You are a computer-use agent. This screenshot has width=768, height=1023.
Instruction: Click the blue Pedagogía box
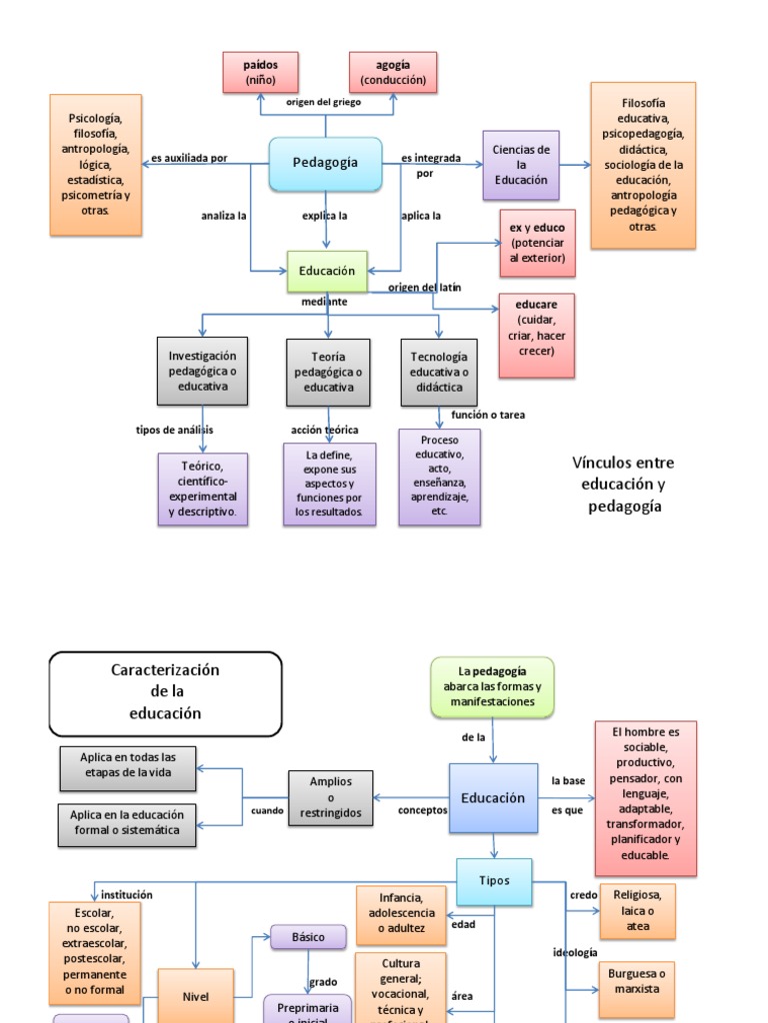pyautogui.click(x=325, y=163)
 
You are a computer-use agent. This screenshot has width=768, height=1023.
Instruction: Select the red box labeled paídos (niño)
pyautogui.click(x=259, y=72)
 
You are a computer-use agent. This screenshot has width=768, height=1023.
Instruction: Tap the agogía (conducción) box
pyautogui.click(x=393, y=72)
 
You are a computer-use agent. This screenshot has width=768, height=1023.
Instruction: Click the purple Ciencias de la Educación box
pyautogui.click(x=520, y=165)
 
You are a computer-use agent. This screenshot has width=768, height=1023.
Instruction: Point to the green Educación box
pyautogui.click(x=327, y=271)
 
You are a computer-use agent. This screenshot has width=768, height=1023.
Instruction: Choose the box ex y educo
pyautogui.click(x=537, y=242)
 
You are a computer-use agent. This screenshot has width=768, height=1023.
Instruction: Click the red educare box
pyautogui.click(x=537, y=335)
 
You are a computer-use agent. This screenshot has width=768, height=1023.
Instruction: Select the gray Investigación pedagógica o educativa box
pyautogui.click(x=202, y=371)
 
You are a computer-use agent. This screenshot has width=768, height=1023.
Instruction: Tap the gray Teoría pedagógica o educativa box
pyautogui.click(x=328, y=372)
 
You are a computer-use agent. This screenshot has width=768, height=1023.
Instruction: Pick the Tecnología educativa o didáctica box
pyautogui.click(x=438, y=372)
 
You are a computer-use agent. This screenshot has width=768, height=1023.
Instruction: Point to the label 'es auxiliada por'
pyautogui.click(x=189, y=158)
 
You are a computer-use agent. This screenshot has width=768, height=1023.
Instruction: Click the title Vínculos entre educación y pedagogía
pyautogui.click(x=623, y=485)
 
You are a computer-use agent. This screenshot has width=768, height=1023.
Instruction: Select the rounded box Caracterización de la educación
pyautogui.click(x=165, y=692)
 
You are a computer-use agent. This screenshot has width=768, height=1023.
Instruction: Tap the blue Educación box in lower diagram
pyautogui.click(x=493, y=798)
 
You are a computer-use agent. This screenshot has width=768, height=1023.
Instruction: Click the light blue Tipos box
pyautogui.click(x=494, y=881)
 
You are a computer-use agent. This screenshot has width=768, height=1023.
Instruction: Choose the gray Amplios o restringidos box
pyautogui.click(x=330, y=797)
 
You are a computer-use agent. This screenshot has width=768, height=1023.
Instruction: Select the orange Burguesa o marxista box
pyautogui.click(x=635, y=980)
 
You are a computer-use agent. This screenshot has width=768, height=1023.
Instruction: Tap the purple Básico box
pyautogui.click(x=308, y=937)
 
